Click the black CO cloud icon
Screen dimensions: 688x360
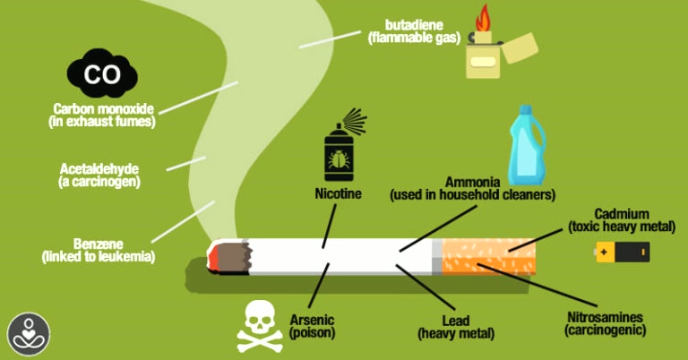(x=102, y=73)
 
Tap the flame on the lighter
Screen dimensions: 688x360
(x=484, y=19)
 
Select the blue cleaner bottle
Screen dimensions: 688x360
(x=527, y=145)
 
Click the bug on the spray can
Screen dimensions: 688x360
(x=339, y=160)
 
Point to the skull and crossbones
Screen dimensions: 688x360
(x=260, y=326)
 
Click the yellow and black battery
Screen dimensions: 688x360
(x=622, y=253)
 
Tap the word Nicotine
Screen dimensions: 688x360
(x=339, y=193)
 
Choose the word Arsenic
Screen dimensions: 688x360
(x=312, y=320)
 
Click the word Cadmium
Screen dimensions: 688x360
(x=622, y=214)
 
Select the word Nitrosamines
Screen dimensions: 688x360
(x=605, y=317)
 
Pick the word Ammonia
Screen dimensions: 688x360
(x=473, y=182)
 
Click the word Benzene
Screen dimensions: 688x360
(x=99, y=244)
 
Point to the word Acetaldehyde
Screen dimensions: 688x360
(x=99, y=169)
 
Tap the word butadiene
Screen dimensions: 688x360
(x=414, y=24)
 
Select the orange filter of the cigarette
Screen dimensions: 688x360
(x=488, y=256)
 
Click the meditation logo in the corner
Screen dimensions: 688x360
(x=29, y=334)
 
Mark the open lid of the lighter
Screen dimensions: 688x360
(x=520, y=47)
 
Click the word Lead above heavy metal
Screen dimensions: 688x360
(x=456, y=321)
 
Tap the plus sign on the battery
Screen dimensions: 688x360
(x=604, y=253)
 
